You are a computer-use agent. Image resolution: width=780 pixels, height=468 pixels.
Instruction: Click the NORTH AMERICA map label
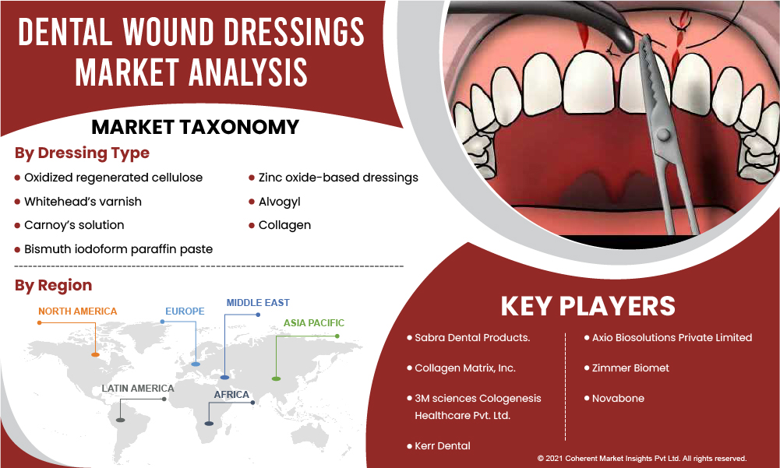[x=78, y=311]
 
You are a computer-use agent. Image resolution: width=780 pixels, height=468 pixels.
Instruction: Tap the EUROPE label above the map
[x=185, y=311]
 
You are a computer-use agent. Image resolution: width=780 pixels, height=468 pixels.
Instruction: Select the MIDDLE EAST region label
[x=258, y=302]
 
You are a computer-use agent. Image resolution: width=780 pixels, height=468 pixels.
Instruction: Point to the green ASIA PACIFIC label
[x=314, y=323]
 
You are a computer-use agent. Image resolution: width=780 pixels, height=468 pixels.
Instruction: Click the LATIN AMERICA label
[x=138, y=389]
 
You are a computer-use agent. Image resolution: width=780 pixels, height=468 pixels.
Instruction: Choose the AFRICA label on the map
[x=231, y=395]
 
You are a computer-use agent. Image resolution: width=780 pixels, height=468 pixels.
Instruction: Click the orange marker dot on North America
[x=95, y=354]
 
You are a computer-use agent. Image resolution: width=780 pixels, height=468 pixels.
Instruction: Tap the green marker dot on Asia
[x=276, y=379]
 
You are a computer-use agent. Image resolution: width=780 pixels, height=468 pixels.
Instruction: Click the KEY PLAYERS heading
[x=588, y=306]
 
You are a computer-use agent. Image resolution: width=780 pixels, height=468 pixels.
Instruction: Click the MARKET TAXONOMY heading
[x=195, y=128]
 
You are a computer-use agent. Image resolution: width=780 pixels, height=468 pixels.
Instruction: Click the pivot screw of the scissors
[x=662, y=134]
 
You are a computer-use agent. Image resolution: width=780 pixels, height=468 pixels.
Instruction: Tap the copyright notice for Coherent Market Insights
[x=642, y=459]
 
